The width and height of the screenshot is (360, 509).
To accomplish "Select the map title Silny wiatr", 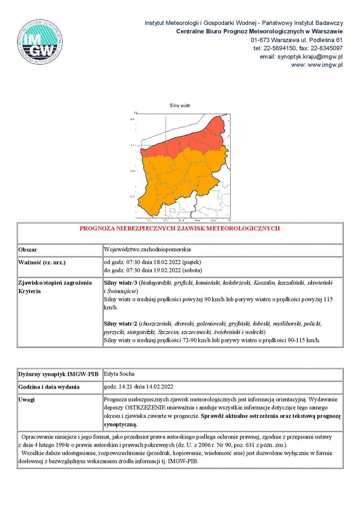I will click(180, 105).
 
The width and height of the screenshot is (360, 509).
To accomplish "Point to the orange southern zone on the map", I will click(178, 178).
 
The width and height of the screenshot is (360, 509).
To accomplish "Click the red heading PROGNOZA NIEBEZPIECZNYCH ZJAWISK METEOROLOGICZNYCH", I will click(180, 228).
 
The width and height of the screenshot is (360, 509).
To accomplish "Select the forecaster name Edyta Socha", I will click(119, 374).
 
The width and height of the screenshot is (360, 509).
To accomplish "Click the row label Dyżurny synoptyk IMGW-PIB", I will click(58, 374).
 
